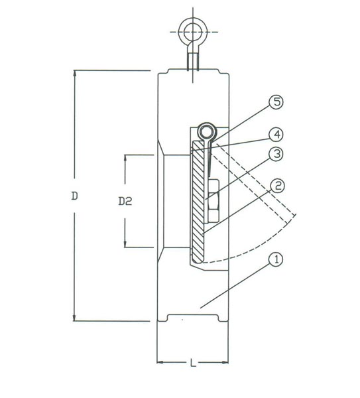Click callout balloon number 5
(x=276, y=102)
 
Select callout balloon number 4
(x=276, y=135)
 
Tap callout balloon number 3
(x=276, y=154)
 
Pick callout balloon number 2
(x=277, y=186)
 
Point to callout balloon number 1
(x=276, y=259)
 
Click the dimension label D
(x=74, y=196)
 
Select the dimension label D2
(x=125, y=201)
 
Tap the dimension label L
(x=194, y=363)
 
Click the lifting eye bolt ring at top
(x=193, y=22)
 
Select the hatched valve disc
(x=198, y=202)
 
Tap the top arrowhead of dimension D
(x=74, y=73)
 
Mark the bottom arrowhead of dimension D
(x=74, y=318)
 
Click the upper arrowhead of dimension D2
(x=125, y=157)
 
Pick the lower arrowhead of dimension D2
(x=125, y=244)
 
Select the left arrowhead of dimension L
(x=160, y=362)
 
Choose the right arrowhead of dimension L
(x=225, y=362)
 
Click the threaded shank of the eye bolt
(x=193, y=61)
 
